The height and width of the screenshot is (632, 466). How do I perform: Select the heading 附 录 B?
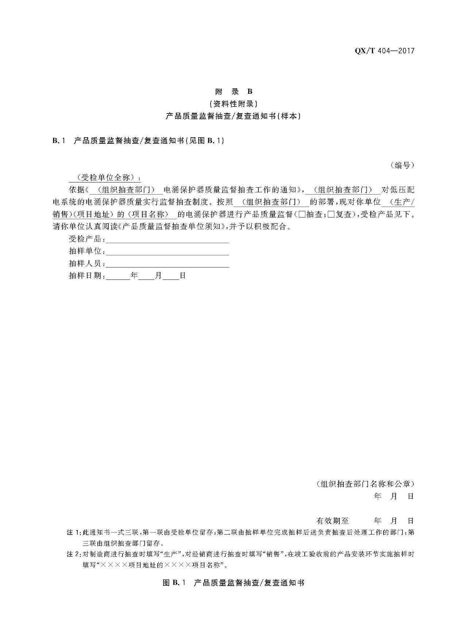(x=233, y=91)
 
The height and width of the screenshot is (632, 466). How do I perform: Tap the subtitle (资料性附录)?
(x=233, y=104)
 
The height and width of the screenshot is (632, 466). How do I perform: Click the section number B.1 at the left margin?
(x=58, y=140)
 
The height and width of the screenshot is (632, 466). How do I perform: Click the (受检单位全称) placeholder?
(x=105, y=178)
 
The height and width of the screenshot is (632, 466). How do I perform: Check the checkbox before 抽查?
(x=302, y=214)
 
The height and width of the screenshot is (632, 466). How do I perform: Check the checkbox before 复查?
(x=331, y=214)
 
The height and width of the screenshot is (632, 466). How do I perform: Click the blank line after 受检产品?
(x=167, y=239)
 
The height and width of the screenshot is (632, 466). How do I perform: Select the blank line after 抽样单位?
(x=167, y=252)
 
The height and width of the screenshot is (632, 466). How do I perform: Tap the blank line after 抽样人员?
(x=167, y=264)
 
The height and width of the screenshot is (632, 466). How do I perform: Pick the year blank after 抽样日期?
(x=118, y=276)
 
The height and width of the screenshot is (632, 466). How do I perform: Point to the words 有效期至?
(x=332, y=520)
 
